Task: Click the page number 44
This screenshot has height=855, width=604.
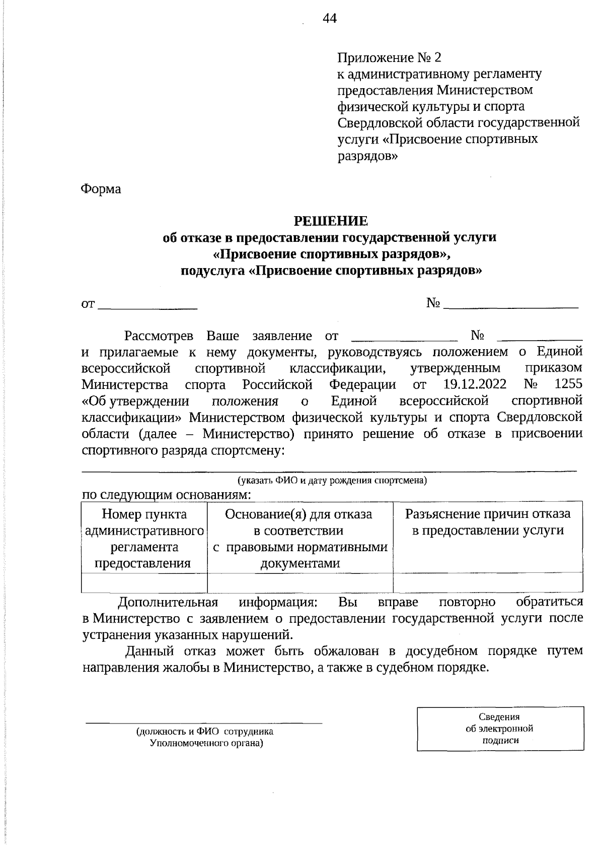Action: (x=330, y=19)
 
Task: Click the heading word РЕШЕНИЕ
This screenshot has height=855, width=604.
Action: (x=331, y=221)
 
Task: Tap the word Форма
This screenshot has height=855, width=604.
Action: (x=101, y=189)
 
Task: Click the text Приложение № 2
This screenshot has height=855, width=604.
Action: (x=389, y=57)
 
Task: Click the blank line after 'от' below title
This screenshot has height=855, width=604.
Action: (x=147, y=304)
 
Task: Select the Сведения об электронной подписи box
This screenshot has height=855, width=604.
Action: (x=500, y=729)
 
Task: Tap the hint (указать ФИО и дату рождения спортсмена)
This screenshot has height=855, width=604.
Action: (x=332, y=480)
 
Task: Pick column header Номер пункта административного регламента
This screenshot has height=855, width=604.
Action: (x=144, y=538)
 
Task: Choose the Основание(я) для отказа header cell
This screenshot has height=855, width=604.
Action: (x=299, y=538)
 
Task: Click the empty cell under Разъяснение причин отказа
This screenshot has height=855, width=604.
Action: (x=488, y=582)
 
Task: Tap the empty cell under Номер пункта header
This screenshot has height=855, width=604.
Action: (x=144, y=582)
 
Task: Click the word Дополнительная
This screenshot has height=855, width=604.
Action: (x=168, y=602)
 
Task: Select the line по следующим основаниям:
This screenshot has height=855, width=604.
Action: (x=166, y=495)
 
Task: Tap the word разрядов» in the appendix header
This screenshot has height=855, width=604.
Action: (x=367, y=155)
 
